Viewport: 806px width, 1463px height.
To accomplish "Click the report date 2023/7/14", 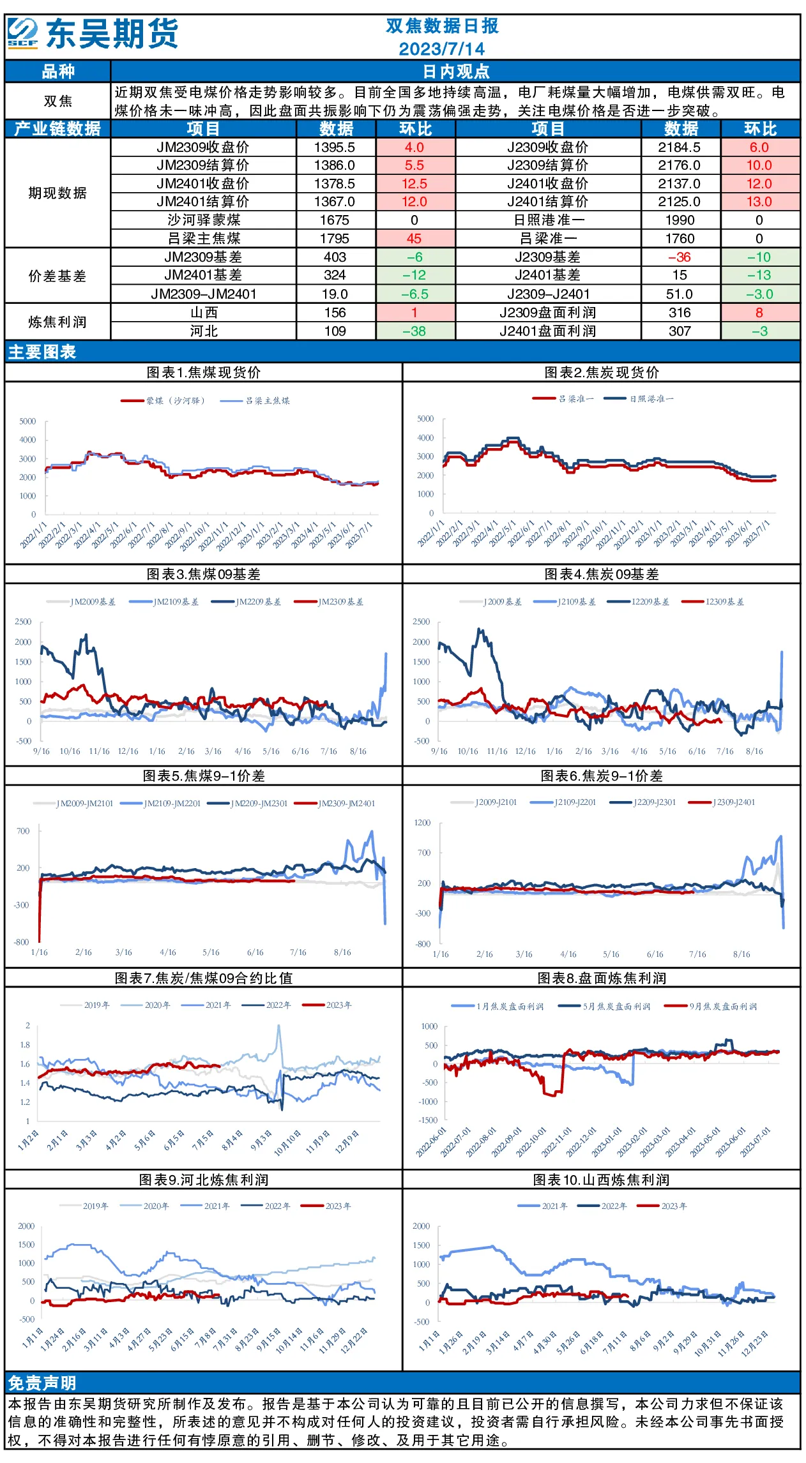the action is pos(441,49).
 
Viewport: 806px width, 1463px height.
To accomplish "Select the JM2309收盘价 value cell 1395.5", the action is pos(335,147).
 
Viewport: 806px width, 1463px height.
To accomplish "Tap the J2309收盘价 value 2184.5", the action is pos(680,147).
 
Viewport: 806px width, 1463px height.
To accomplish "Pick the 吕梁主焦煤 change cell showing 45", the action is pos(414,239).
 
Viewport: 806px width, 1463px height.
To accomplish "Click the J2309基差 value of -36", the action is pos(680,257).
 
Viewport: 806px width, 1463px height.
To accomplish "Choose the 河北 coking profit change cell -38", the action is pos(414,331).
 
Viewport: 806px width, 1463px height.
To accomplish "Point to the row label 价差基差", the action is pos(57,276).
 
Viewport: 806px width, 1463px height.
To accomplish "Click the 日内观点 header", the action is pos(456,71).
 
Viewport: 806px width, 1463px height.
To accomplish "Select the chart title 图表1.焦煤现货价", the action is pos(204,372).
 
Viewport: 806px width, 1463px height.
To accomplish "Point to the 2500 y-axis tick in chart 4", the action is pos(422,622).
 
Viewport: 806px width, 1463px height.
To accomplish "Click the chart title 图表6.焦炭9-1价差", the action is pos(602,776).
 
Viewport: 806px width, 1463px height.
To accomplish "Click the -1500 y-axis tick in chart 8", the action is pos(429,1120).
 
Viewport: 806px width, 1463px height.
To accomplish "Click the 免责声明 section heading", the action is pos(42,1383).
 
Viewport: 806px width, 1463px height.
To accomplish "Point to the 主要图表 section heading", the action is pos(42,352).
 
